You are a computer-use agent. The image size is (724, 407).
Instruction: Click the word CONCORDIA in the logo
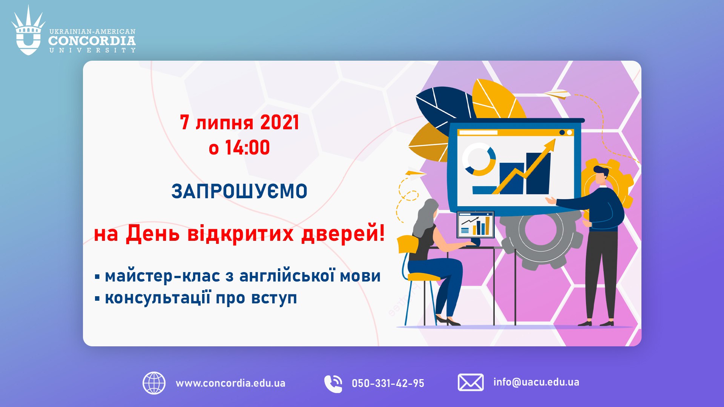[x=92, y=41]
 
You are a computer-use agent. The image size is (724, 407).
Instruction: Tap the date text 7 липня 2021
[x=239, y=122]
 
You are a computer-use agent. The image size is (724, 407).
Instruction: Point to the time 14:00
[x=247, y=147]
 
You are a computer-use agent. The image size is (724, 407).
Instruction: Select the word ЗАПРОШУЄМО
[x=239, y=191]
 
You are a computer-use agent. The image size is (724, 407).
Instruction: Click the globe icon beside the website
[x=154, y=383]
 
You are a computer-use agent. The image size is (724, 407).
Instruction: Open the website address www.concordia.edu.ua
[x=230, y=383]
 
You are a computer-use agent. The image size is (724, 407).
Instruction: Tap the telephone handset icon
[x=333, y=384]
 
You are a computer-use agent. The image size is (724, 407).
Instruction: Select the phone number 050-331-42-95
[x=388, y=384]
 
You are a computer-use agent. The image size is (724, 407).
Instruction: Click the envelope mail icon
[x=471, y=383]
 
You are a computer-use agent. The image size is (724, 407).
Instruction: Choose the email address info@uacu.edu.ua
[x=536, y=382]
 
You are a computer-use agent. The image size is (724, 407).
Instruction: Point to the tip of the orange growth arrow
[x=555, y=139]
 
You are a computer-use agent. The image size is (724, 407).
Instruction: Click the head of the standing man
[x=600, y=174]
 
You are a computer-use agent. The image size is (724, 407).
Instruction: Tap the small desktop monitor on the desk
[x=475, y=224]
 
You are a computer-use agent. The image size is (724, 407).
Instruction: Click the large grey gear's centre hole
[x=540, y=230]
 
